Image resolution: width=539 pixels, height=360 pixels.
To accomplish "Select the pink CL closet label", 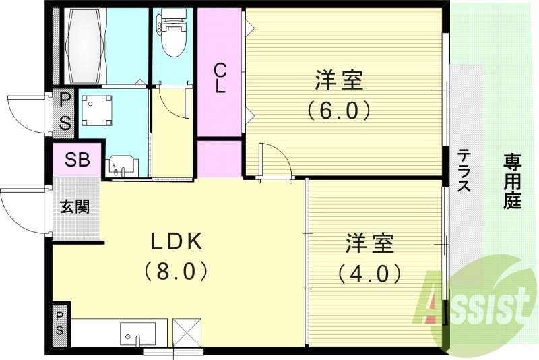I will point(220,78).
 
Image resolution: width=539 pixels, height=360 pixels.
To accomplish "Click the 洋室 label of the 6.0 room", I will point(339,81).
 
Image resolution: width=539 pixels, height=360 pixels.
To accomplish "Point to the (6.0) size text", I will point(339,109).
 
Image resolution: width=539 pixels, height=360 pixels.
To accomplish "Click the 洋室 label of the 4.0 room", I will point(370,244).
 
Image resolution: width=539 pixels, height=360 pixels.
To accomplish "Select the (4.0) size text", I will point(370,273).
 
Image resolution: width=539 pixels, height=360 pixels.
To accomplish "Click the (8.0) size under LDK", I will point(175,271).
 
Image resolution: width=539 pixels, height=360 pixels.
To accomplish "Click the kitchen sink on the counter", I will point(137,333).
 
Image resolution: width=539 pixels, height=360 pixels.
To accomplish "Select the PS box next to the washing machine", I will point(65,112).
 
